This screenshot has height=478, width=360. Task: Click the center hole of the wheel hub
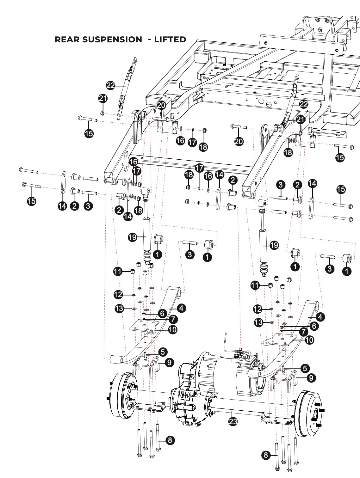[x=316, y=414]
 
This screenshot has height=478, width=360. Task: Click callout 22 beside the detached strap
[x=111, y=85]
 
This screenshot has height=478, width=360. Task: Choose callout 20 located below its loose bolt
[x=239, y=141]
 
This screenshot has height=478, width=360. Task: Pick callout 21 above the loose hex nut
[x=103, y=98]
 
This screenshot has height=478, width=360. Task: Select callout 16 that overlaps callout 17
[x=133, y=162]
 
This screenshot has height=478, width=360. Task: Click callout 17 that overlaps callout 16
[x=137, y=171]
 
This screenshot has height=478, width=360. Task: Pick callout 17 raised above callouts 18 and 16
[x=199, y=168]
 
